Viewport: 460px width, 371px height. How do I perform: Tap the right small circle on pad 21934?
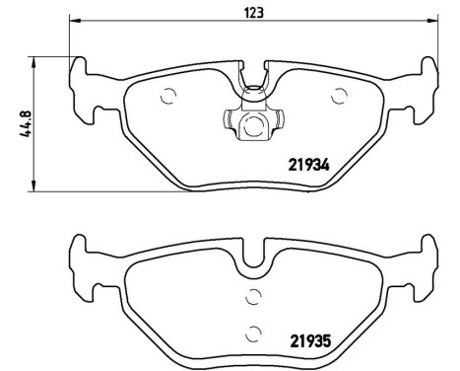[341, 95]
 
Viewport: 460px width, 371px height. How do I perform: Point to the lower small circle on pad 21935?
[253, 332]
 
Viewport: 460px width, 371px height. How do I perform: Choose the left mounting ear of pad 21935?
[82, 261]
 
